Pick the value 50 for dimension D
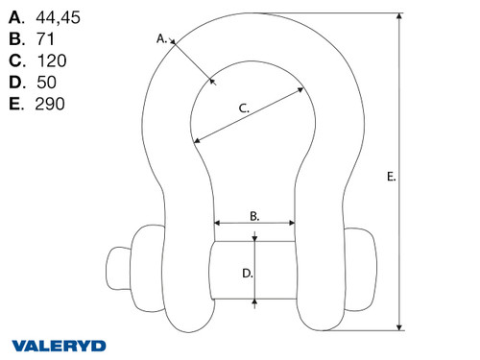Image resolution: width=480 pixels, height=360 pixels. (44, 82)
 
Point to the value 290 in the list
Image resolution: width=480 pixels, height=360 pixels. (49, 104)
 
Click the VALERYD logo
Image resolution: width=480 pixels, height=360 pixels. (59, 345)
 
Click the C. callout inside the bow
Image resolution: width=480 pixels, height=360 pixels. (244, 108)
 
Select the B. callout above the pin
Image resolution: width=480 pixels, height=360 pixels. (254, 217)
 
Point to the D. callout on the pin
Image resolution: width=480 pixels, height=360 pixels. (247, 273)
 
